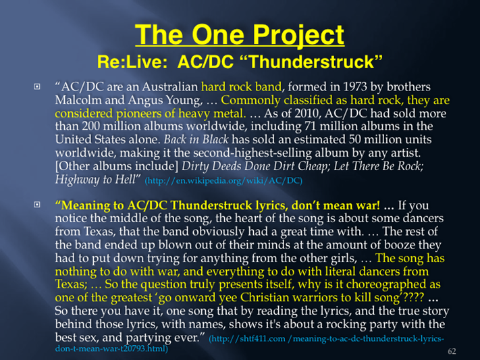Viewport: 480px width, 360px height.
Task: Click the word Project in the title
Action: pyautogui.click(x=298, y=36)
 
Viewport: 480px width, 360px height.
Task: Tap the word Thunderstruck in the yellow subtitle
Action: pyautogui.click(x=313, y=62)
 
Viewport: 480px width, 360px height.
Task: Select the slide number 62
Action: pyautogui.click(x=452, y=351)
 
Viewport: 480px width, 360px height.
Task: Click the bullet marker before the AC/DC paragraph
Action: pyautogui.click(x=37, y=86)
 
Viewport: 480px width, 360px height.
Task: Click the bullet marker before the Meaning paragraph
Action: pyautogui.click(x=37, y=205)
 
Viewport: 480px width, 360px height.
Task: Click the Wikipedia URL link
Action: pyautogui.click(x=223, y=180)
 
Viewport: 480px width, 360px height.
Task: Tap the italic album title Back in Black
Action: pyautogui.click(x=196, y=139)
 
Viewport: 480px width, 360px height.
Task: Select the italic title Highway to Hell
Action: pyautogui.click(x=95, y=179)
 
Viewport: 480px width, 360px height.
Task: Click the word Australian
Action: pyautogui.click(x=169, y=86)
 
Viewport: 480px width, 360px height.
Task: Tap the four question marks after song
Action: pyautogui.click(x=415, y=297)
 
